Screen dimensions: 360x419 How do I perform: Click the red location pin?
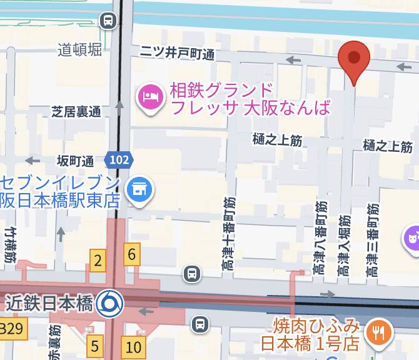coord(354,60)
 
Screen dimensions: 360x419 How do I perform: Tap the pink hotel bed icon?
coord(150,97)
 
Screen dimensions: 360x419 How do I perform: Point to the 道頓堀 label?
coord(79,50)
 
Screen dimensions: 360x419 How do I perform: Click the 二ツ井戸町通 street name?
coord(177,54)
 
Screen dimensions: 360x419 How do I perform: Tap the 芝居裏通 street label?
coord(76,112)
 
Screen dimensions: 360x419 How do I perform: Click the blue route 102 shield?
coord(118,161)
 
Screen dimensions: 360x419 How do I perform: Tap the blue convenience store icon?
coord(138,188)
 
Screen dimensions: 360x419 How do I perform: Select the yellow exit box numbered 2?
coord(97,259)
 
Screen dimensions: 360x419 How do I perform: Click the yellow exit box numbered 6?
coord(132,254)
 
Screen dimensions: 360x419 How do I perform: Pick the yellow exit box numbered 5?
coord(94,346)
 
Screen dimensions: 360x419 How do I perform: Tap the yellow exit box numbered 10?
coord(133,347)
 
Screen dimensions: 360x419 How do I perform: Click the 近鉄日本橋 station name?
coord(49,304)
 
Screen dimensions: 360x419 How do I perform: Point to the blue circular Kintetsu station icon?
coord(110,304)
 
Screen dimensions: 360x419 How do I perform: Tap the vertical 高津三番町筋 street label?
coord(373,241)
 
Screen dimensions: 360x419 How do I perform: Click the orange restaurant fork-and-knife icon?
coord(378,332)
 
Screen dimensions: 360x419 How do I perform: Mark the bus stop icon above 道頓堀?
coord(109,21)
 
